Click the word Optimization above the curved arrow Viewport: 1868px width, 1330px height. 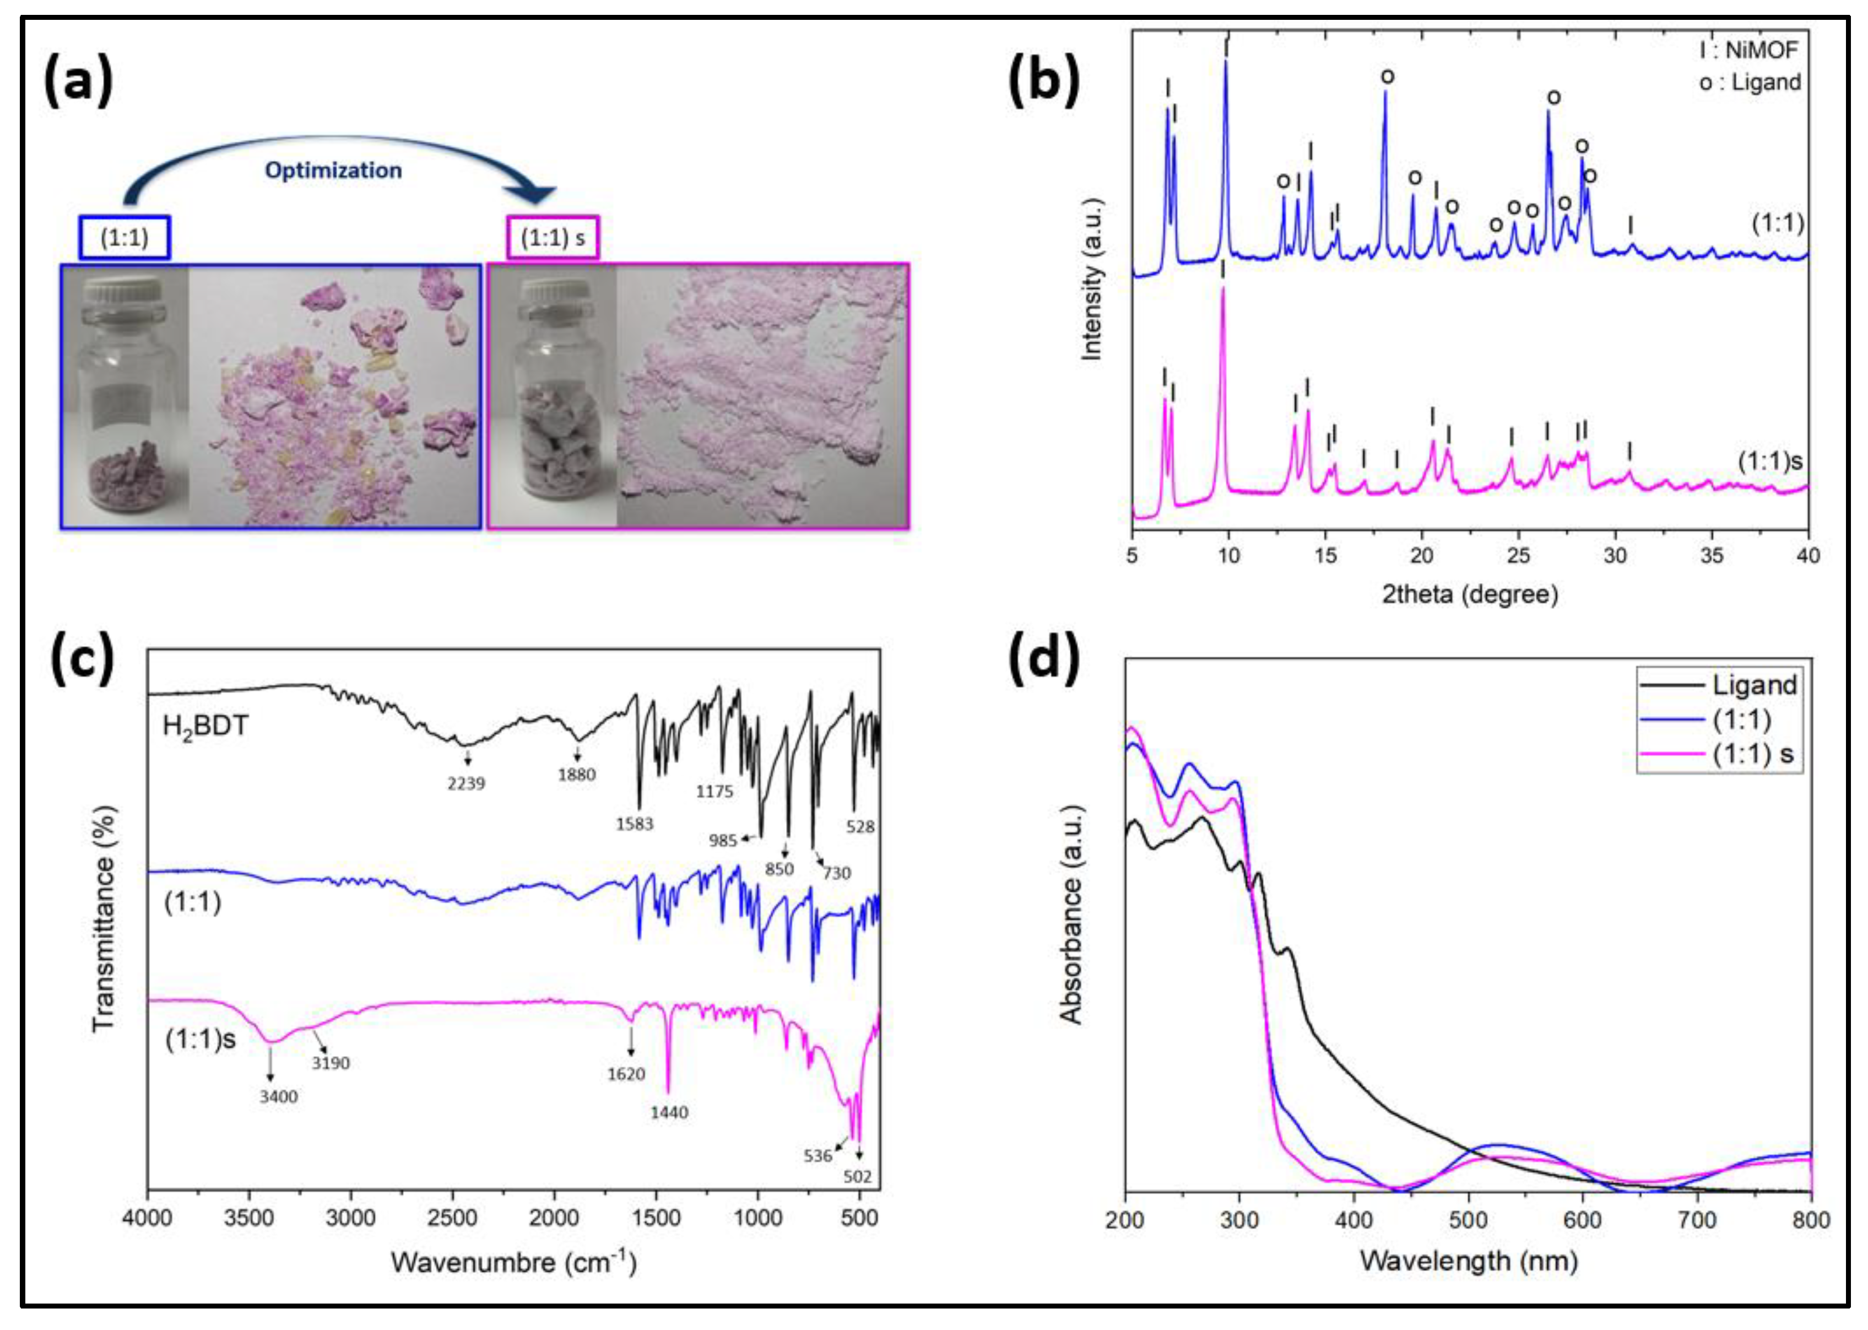[333, 170]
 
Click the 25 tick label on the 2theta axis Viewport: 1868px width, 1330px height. [1518, 556]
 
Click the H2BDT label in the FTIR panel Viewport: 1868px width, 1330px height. [205, 726]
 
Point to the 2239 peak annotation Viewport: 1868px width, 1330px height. [466, 784]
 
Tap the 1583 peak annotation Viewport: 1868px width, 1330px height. [635, 825]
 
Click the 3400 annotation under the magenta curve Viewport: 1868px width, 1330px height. [278, 1096]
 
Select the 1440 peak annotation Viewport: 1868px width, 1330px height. [669, 1113]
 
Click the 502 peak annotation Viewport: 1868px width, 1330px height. [858, 1178]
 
